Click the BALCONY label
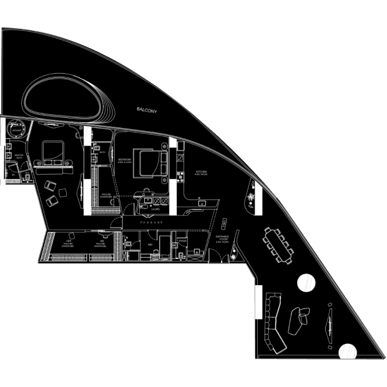[147, 110]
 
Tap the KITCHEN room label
[200, 172]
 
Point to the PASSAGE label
[152, 222]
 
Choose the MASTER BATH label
[19, 157]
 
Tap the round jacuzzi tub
[16, 130]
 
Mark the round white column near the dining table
[306, 283]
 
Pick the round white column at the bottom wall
[347, 351]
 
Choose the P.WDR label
[182, 240]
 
